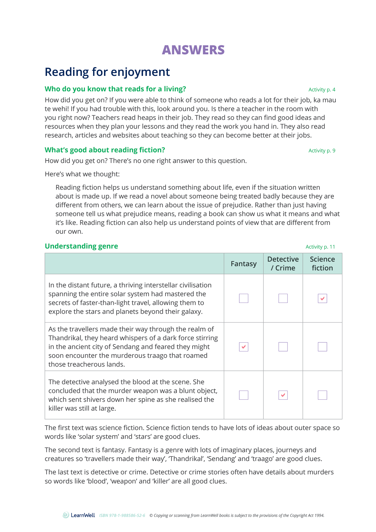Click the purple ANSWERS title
193,50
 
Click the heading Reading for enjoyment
107,72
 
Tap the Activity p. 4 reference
321,90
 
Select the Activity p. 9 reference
321,151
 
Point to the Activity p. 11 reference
320,247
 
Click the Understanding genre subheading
81,246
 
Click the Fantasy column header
243,264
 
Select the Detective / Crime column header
283,263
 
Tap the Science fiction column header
322,263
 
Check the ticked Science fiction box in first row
322,298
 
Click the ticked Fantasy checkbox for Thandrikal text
243,347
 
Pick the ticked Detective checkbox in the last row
283,395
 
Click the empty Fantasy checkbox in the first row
243,298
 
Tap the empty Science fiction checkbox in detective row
322,395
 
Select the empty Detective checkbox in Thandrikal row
283,347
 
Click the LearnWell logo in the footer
79,515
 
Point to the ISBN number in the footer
122,515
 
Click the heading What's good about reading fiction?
105,150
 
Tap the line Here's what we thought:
82,174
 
